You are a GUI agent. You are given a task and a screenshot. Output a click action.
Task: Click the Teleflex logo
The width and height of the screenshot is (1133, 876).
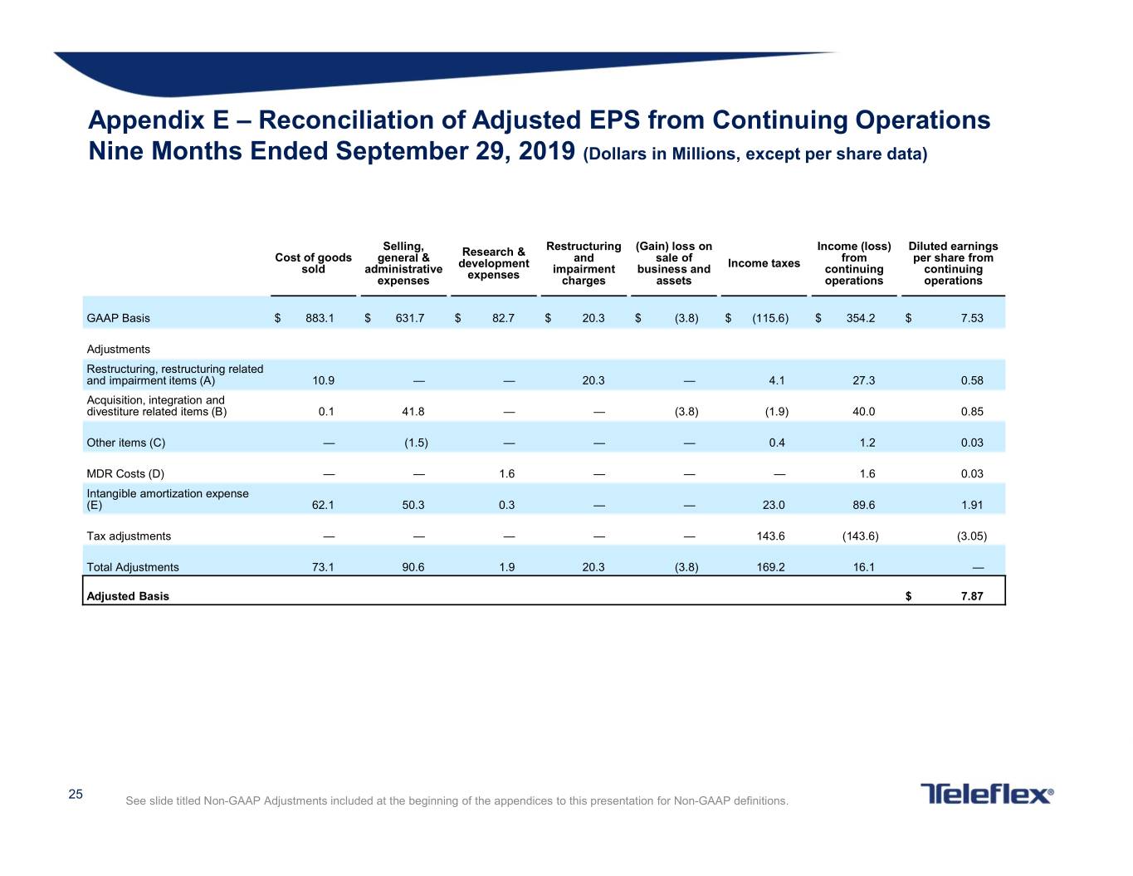pos(986,794)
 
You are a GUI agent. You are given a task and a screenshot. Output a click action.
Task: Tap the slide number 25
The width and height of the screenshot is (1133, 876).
pos(76,794)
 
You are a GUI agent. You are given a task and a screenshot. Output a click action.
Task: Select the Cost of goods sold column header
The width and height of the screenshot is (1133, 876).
pos(313,263)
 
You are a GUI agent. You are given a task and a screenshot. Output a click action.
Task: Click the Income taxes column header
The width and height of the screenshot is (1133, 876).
pos(764,263)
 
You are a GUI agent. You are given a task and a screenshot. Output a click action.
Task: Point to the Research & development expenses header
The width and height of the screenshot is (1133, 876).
pos(493,263)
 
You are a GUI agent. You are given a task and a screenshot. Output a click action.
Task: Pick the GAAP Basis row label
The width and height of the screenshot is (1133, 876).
pos(119,318)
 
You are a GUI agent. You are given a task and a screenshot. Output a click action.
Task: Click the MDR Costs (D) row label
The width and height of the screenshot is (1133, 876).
pos(125,473)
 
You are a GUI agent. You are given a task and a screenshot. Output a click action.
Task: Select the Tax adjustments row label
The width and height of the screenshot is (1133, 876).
pos(129,536)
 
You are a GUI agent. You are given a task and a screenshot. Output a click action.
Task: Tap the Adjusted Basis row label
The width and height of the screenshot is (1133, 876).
pos(128,596)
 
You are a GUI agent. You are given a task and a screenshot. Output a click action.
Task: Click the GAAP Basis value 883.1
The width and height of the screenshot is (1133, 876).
pos(320,318)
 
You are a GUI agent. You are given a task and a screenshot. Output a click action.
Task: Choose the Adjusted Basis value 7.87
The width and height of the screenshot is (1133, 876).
pos(972,596)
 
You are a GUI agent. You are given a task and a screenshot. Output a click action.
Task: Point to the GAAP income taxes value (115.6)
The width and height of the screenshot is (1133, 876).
pos(770,318)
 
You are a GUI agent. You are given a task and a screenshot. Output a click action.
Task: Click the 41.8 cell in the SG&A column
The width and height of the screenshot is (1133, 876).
pos(413,411)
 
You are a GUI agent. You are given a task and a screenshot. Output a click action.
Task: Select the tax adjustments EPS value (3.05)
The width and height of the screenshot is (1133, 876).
pos(972,536)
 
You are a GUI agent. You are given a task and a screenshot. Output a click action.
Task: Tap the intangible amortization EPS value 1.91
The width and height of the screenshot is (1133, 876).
pos(972,505)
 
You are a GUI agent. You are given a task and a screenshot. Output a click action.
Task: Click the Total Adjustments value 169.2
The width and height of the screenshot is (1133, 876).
pos(770,567)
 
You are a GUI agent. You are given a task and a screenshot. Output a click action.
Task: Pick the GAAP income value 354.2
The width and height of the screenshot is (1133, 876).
pos(861,318)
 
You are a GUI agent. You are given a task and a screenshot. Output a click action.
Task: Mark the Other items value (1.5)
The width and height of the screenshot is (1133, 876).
pos(416,443)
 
